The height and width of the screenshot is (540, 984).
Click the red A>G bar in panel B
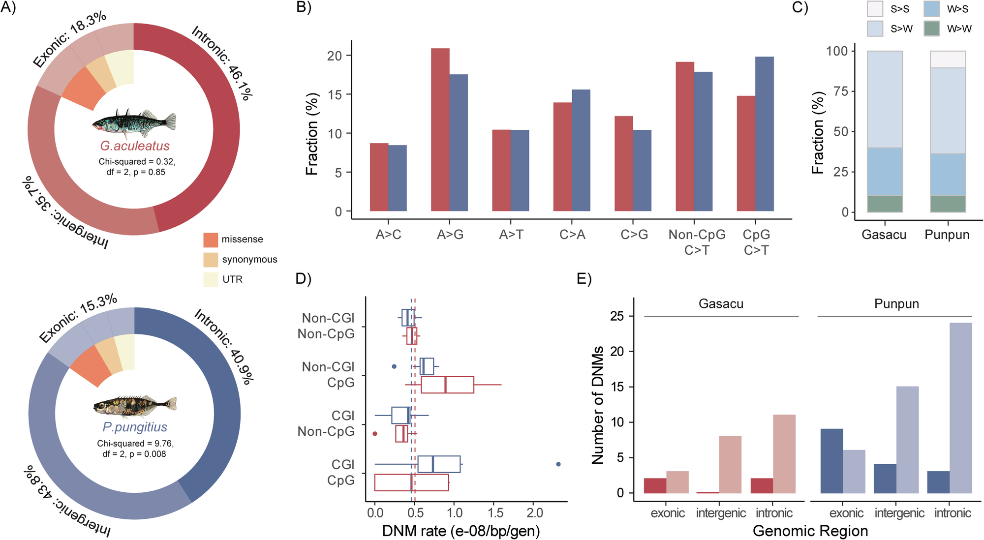click(x=440, y=130)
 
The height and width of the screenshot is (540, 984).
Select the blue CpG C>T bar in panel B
click(x=764, y=134)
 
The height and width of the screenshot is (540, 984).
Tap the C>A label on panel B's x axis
click(x=572, y=235)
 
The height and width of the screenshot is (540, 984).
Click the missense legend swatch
click(x=211, y=240)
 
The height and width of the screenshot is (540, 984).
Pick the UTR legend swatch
click(x=211, y=279)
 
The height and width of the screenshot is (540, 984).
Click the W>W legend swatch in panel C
click(x=931, y=29)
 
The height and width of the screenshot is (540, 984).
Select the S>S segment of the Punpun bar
click(x=948, y=60)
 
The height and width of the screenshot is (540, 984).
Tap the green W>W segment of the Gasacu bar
click(x=885, y=204)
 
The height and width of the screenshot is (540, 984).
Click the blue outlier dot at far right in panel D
click(x=558, y=464)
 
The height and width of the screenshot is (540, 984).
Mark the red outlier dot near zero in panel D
click(x=375, y=434)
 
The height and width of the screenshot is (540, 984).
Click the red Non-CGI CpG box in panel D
click(x=447, y=385)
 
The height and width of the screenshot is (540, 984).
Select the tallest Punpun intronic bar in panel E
click(x=960, y=408)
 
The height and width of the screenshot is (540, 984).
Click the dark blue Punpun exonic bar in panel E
click(x=831, y=461)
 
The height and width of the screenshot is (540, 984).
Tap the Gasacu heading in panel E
click(x=721, y=304)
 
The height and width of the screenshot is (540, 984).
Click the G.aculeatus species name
click(x=135, y=146)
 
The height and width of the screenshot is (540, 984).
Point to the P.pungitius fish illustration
click(x=135, y=406)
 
